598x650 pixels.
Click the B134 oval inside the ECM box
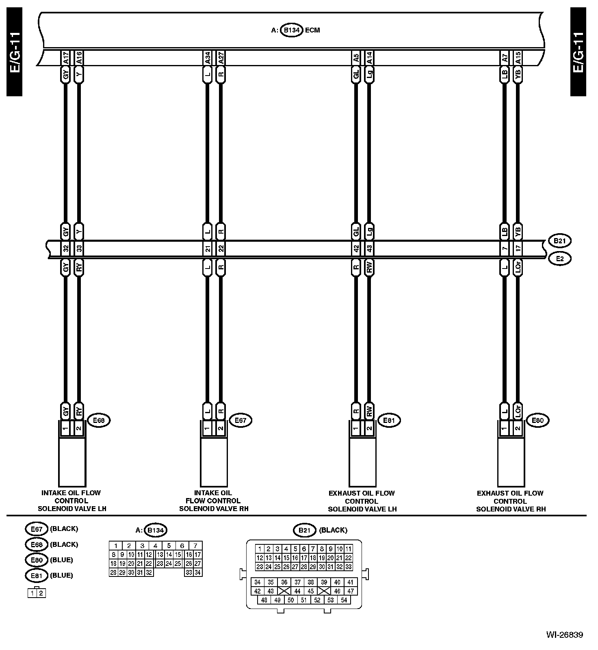coord(292,30)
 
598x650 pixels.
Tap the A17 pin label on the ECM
coord(65,58)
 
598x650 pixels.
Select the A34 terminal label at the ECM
coord(208,58)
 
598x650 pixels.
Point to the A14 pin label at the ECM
coord(369,58)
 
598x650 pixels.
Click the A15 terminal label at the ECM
coord(518,58)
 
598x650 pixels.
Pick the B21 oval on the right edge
coord(560,241)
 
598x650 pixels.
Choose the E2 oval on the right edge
coord(560,258)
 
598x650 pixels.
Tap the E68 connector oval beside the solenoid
coord(99,420)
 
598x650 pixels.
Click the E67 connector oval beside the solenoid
coord(240,420)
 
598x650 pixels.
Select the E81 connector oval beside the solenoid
coord(389,420)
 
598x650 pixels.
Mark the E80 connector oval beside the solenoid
coord(537,420)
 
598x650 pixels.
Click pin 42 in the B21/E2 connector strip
coord(356,248)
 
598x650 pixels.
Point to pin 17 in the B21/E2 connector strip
coord(518,248)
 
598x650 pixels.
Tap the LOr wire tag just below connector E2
coord(518,267)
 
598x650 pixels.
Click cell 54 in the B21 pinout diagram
coord(344,600)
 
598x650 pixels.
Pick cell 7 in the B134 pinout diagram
coord(195,546)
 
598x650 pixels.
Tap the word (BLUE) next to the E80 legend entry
coord(61,560)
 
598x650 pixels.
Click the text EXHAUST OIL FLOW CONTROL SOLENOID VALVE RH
coord(511,501)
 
